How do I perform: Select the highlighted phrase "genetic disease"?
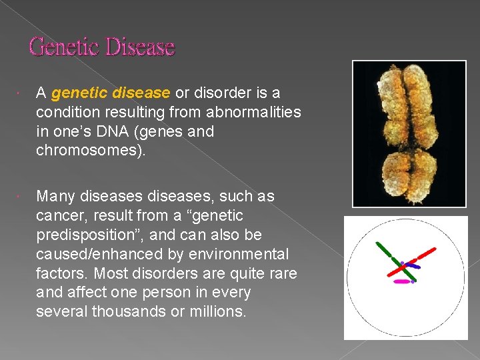[111, 93]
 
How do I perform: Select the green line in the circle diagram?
[385, 250]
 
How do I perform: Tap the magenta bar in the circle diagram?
[402, 282]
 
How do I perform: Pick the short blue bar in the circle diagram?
[413, 266]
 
